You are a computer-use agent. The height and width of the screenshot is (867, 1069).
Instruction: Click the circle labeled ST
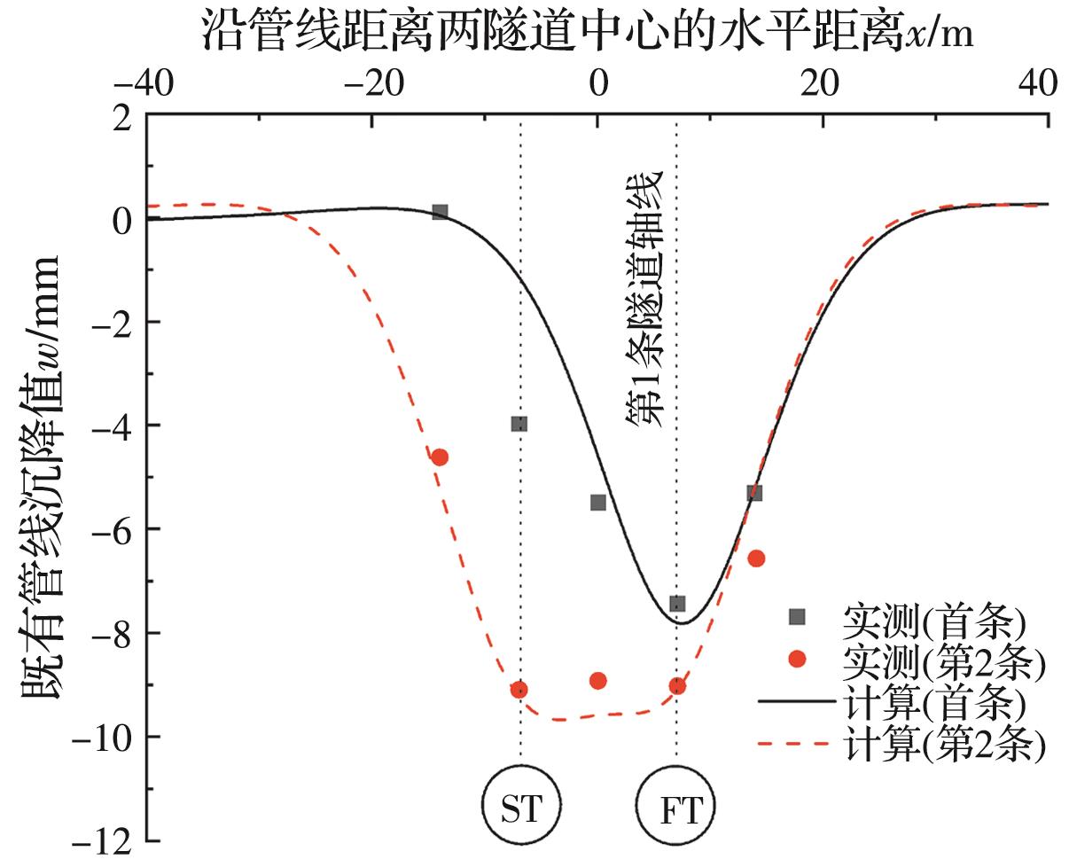[520, 808]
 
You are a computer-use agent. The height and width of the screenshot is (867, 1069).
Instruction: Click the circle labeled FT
[676, 808]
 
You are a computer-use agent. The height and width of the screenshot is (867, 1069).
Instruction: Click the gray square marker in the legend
[797, 617]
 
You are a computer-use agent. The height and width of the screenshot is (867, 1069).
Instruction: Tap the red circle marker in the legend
[797, 659]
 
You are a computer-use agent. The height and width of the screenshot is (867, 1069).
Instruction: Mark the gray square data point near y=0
[440, 212]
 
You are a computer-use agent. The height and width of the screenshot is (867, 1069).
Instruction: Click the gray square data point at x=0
[598, 503]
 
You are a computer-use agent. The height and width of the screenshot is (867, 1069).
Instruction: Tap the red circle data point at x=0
[598, 681]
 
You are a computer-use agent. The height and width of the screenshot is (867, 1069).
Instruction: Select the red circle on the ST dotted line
[519, 690]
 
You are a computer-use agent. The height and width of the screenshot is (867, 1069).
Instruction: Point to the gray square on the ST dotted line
[519, 424]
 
